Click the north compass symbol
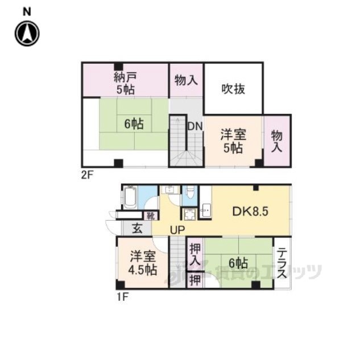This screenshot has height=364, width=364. click(26, 34)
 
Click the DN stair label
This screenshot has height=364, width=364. click(195, 126)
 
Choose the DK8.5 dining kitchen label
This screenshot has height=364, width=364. click(250, 212)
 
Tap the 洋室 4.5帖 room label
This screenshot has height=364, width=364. click(142, 263)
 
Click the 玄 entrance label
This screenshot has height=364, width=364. click(137, 229)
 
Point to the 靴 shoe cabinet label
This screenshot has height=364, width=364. click(150, 216)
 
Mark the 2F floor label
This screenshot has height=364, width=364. click(86, 175)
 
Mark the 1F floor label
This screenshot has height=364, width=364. click(123, 297)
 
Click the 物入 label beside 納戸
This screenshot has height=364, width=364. click(186, 81)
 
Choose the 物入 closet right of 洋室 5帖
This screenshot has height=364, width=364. click(277, 140)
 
